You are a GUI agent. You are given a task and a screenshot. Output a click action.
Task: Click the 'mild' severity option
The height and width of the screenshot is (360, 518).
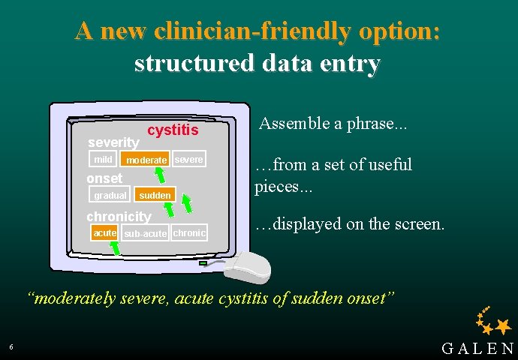pos(103,160)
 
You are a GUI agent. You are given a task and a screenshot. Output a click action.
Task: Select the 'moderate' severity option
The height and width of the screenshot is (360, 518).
pos(146,160)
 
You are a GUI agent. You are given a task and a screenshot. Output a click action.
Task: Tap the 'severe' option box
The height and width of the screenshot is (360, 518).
pos(188,160)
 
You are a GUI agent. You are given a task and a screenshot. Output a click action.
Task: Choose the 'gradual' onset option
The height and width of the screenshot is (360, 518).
pos(110,196)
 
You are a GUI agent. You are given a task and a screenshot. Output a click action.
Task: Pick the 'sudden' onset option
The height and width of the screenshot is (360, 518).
pos(155,196)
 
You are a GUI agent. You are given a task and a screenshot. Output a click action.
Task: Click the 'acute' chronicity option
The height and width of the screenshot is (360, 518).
pos(104,233)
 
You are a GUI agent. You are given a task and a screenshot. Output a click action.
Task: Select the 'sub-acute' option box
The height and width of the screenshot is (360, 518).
pos(145,234)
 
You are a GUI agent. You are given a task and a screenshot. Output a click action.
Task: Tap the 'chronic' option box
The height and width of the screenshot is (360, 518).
pos(189,233)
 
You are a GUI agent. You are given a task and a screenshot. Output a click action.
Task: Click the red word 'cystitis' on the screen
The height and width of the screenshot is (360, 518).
pos(173,130)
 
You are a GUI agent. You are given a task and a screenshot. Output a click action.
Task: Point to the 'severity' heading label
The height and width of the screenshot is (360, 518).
pos(113,142)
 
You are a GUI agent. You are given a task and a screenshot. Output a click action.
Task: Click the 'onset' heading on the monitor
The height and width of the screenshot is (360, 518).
pos(104,178)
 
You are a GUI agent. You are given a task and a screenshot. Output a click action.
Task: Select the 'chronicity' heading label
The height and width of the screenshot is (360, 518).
pos(119,217)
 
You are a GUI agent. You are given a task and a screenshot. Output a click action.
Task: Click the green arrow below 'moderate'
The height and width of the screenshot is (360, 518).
pos(159,174)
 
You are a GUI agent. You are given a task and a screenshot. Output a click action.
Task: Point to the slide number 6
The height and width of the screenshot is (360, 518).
pos(11,346)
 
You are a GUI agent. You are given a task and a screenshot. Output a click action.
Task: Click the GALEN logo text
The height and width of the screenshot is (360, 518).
pos(478,349)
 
